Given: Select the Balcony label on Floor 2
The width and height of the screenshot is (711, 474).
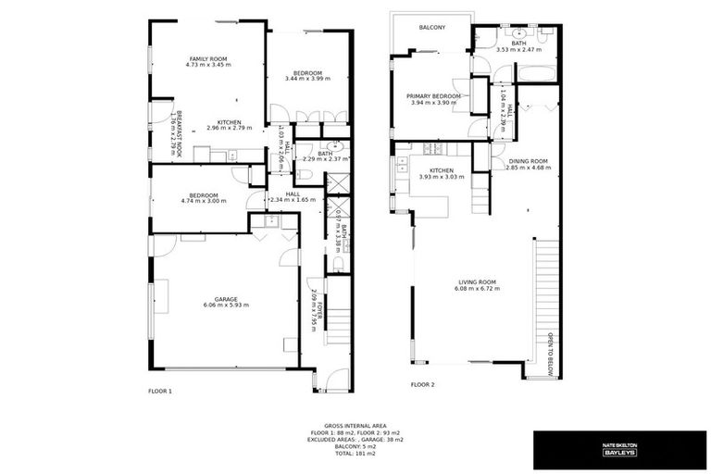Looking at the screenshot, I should point(432,28).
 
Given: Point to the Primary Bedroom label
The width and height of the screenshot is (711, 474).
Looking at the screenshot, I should point(433,95).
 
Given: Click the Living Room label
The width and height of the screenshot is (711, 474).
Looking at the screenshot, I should point(477,281).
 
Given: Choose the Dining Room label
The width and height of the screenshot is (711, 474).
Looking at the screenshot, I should point(529,161).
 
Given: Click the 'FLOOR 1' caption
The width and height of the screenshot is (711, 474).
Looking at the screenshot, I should point(160,391).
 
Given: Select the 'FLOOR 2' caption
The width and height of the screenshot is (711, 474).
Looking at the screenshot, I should point(422,384).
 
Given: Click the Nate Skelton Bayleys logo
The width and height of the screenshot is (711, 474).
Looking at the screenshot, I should point(618,449).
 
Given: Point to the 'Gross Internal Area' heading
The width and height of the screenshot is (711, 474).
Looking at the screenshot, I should point(355,427).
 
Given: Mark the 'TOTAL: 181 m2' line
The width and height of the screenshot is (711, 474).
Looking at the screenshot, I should point(355,454).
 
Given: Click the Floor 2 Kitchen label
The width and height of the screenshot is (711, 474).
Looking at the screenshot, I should point(441,170).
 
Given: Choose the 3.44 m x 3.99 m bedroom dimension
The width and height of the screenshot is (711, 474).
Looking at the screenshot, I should point(307,80).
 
